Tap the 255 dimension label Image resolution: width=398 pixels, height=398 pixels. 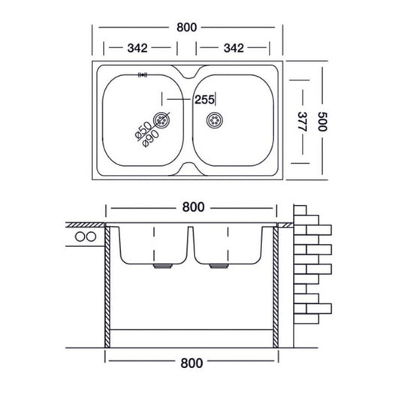tap(204, 99)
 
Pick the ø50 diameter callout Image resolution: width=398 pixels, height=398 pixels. tap(141, 129)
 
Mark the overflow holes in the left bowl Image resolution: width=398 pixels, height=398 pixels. tap(143, 75)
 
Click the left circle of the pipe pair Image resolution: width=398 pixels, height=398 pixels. tap(80, 238)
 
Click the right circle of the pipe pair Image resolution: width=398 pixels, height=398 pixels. tap(92, 238)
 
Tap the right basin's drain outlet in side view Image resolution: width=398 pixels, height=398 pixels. tap(219, 266)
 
